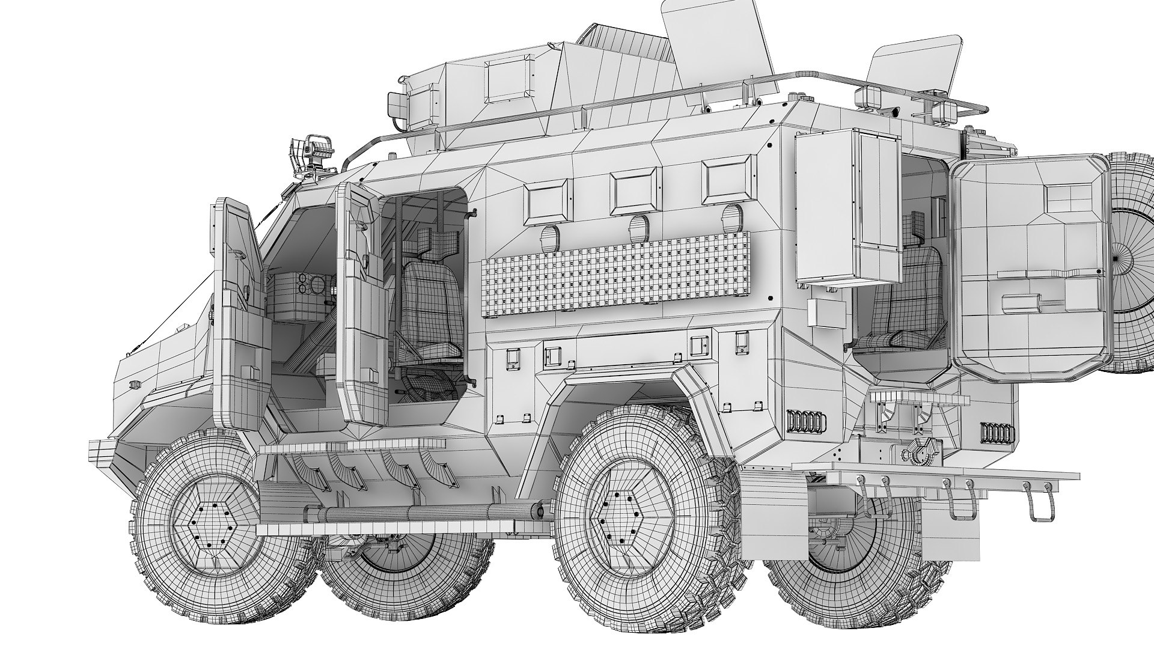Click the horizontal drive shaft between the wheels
[421, 512]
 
